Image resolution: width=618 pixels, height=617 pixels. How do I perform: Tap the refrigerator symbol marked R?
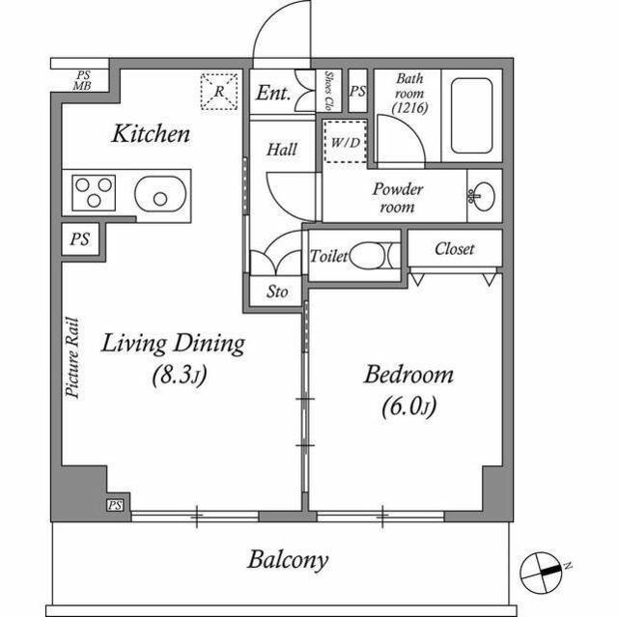[x=219, y=92]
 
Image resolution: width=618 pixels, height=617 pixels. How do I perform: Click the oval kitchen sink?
[x=157, y=196]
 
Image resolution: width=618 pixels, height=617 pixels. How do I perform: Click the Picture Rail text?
[x=71, y=358]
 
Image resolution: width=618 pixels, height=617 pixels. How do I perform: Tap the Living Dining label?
[x=174, y=344]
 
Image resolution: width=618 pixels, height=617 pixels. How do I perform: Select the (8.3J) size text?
[x=176, y=374]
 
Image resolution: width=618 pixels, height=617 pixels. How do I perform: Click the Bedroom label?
[x=407, y=375]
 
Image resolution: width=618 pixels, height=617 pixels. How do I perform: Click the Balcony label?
[x=288, y=559]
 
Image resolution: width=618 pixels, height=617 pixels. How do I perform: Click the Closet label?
[x=454, y=249]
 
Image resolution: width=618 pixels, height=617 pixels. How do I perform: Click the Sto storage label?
[x=276, y=292]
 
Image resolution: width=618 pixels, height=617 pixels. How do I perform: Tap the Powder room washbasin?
[x=480, y=195]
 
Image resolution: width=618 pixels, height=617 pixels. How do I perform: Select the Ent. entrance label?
[x=273, y=94]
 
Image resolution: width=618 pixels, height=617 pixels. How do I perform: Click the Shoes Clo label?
[x=329, y=91]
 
